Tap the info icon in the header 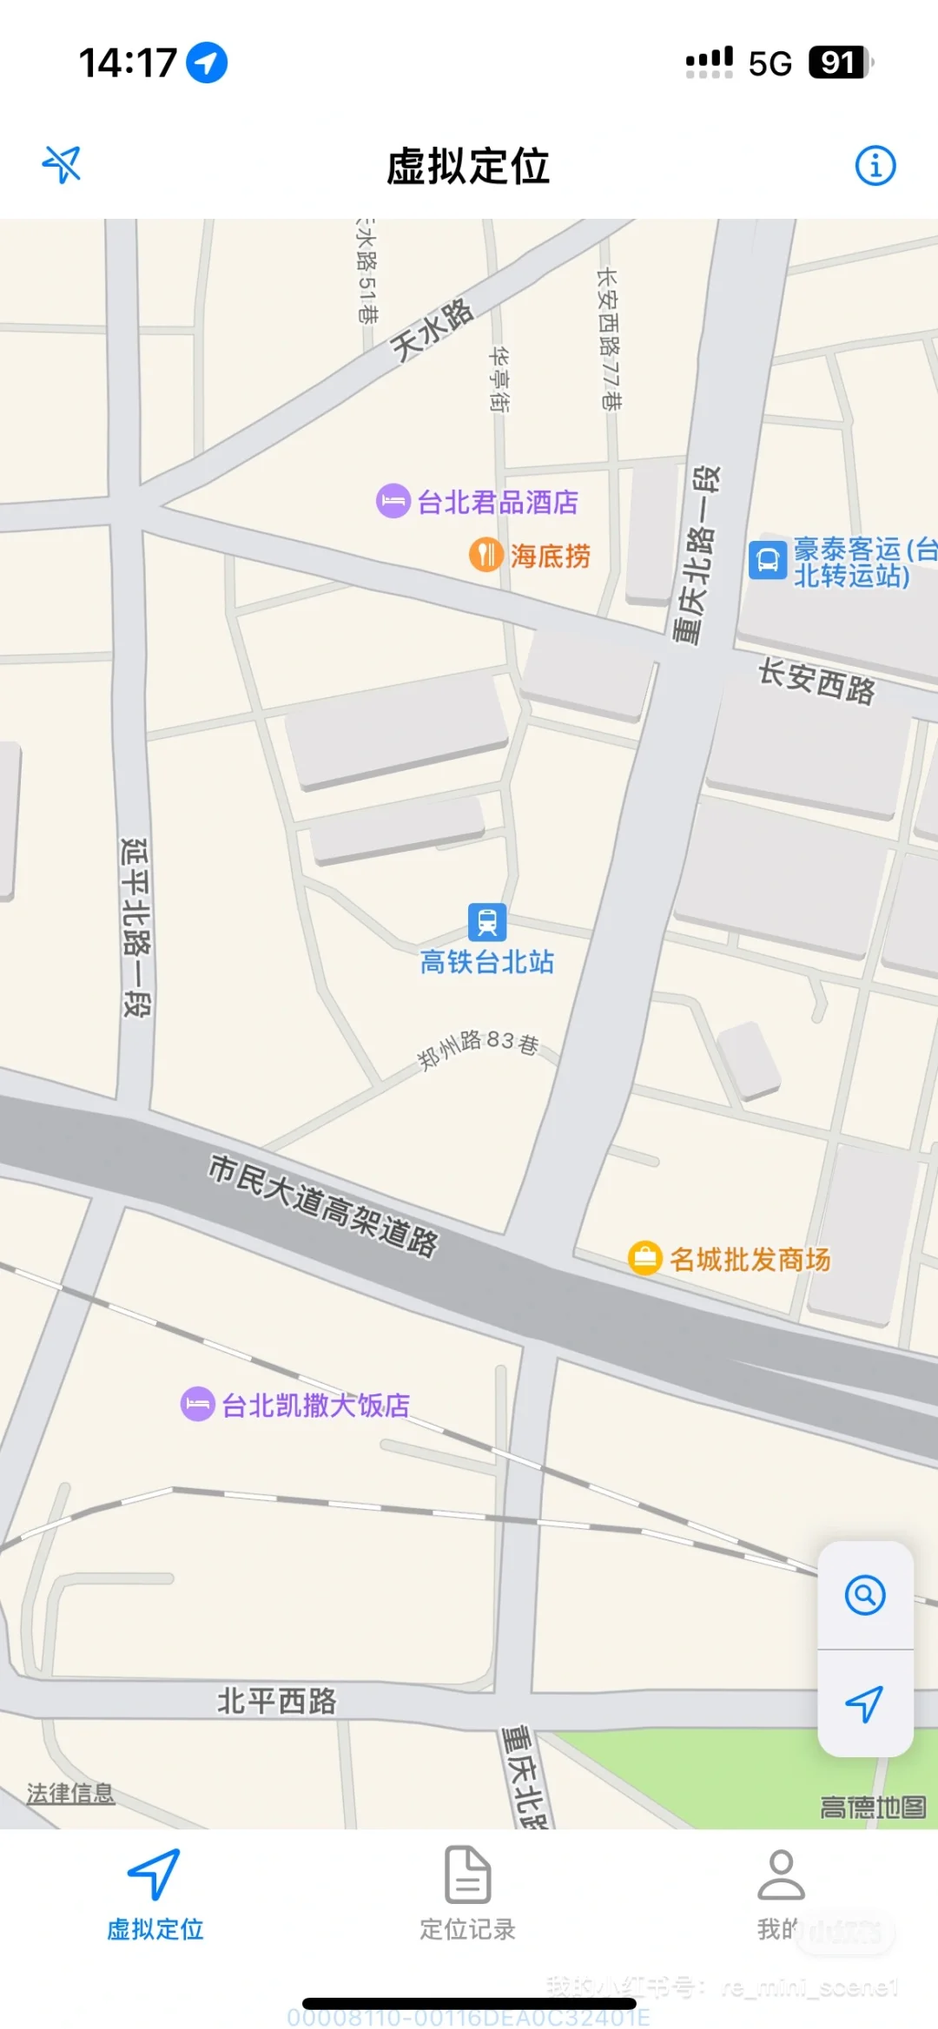click(875, 165)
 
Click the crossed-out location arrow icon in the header click(62, 164)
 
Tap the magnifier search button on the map click(865, 1595)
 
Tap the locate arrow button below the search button click(865, 1703)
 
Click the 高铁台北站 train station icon click(487, 921)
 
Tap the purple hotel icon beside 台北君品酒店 click(393, 501)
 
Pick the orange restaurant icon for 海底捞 click(486, 554)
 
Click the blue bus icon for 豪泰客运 click(768, 560)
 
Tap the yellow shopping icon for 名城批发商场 click(645, 1257)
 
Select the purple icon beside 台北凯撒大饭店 click(197, 1404)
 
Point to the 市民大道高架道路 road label click(323, 1205)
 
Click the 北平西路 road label click(276, 1701)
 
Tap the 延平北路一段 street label click(135, 926)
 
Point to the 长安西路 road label click(816, 682)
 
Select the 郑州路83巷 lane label click(479, 1049)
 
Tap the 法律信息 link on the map click(70, 1793)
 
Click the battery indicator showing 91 click(839, 63)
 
